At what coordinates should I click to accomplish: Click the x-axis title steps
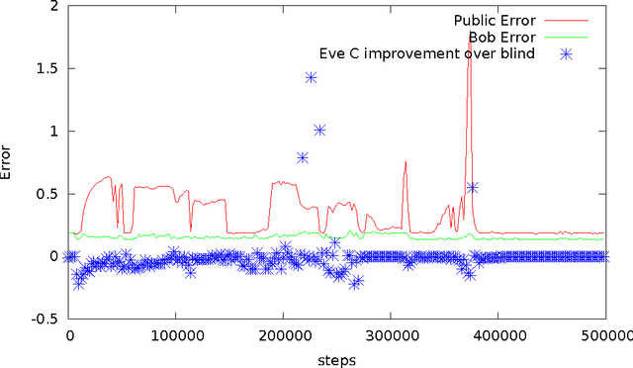[x=336, y=359]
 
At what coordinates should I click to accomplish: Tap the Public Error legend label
[x=495, y=20]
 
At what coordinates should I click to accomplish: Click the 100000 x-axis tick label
[x=176, y=336]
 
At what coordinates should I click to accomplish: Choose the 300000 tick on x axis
[x=390, y=336]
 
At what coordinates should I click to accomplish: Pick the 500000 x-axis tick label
[x=602, y=336]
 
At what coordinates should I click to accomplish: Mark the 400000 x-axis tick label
[x=497, y=336]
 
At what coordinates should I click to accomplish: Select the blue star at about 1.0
[x=319, y=130]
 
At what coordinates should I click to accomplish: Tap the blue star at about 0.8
[x=303, y=157]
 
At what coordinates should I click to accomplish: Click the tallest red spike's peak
[x=469, y=33]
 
